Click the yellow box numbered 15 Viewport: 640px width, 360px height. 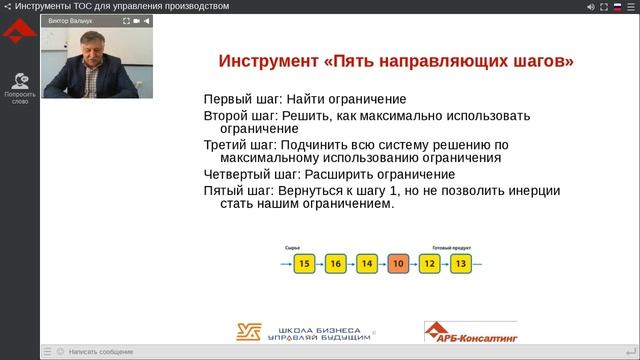tap(306, 264)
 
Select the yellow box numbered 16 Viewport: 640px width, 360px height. tap(336, 264)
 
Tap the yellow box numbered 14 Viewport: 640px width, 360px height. tap(367, 264)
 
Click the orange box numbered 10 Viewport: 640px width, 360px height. tap(398, 264)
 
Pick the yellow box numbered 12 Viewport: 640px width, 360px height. tap(429, 264)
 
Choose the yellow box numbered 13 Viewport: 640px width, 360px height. tap(460, 264)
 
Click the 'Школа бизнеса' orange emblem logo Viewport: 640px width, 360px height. tap(250, 332)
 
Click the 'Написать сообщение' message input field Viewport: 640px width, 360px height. tap(100, 352)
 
